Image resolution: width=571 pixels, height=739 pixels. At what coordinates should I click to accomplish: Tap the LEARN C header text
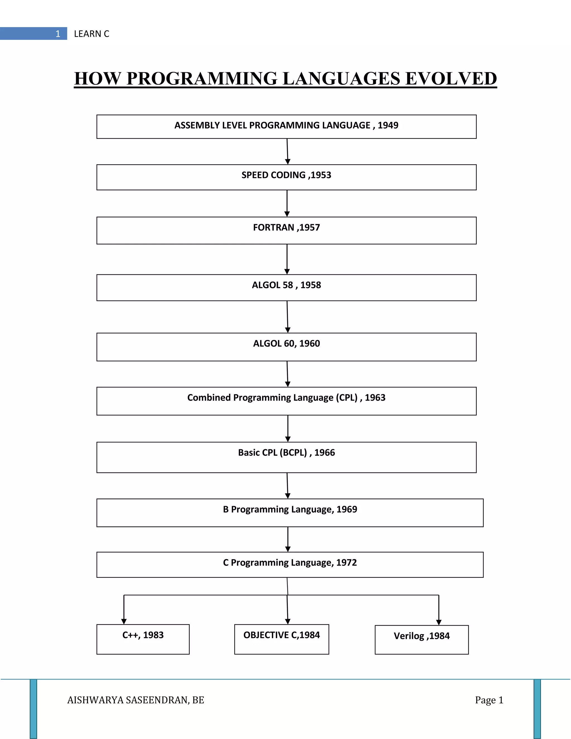91,34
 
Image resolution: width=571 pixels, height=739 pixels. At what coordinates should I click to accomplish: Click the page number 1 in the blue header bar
58,34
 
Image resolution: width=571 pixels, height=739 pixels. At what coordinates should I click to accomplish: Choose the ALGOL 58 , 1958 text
286,285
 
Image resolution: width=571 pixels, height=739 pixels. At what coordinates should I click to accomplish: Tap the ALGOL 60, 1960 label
286,344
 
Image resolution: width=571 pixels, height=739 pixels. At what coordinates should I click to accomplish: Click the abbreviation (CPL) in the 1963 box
346,398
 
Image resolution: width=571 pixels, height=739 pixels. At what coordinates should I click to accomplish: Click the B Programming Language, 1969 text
290,509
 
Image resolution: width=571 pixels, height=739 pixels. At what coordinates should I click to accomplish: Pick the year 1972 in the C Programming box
346,562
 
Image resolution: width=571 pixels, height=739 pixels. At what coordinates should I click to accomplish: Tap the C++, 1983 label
143,635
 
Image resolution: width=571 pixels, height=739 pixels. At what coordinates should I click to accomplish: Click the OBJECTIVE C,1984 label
281,635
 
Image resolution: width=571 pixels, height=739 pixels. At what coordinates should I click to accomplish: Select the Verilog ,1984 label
422,636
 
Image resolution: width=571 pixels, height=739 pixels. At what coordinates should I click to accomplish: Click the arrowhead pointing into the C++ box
124,622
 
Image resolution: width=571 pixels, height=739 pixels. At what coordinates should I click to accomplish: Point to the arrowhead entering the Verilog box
439,622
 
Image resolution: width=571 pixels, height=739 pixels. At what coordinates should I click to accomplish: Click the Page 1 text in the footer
489,700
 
